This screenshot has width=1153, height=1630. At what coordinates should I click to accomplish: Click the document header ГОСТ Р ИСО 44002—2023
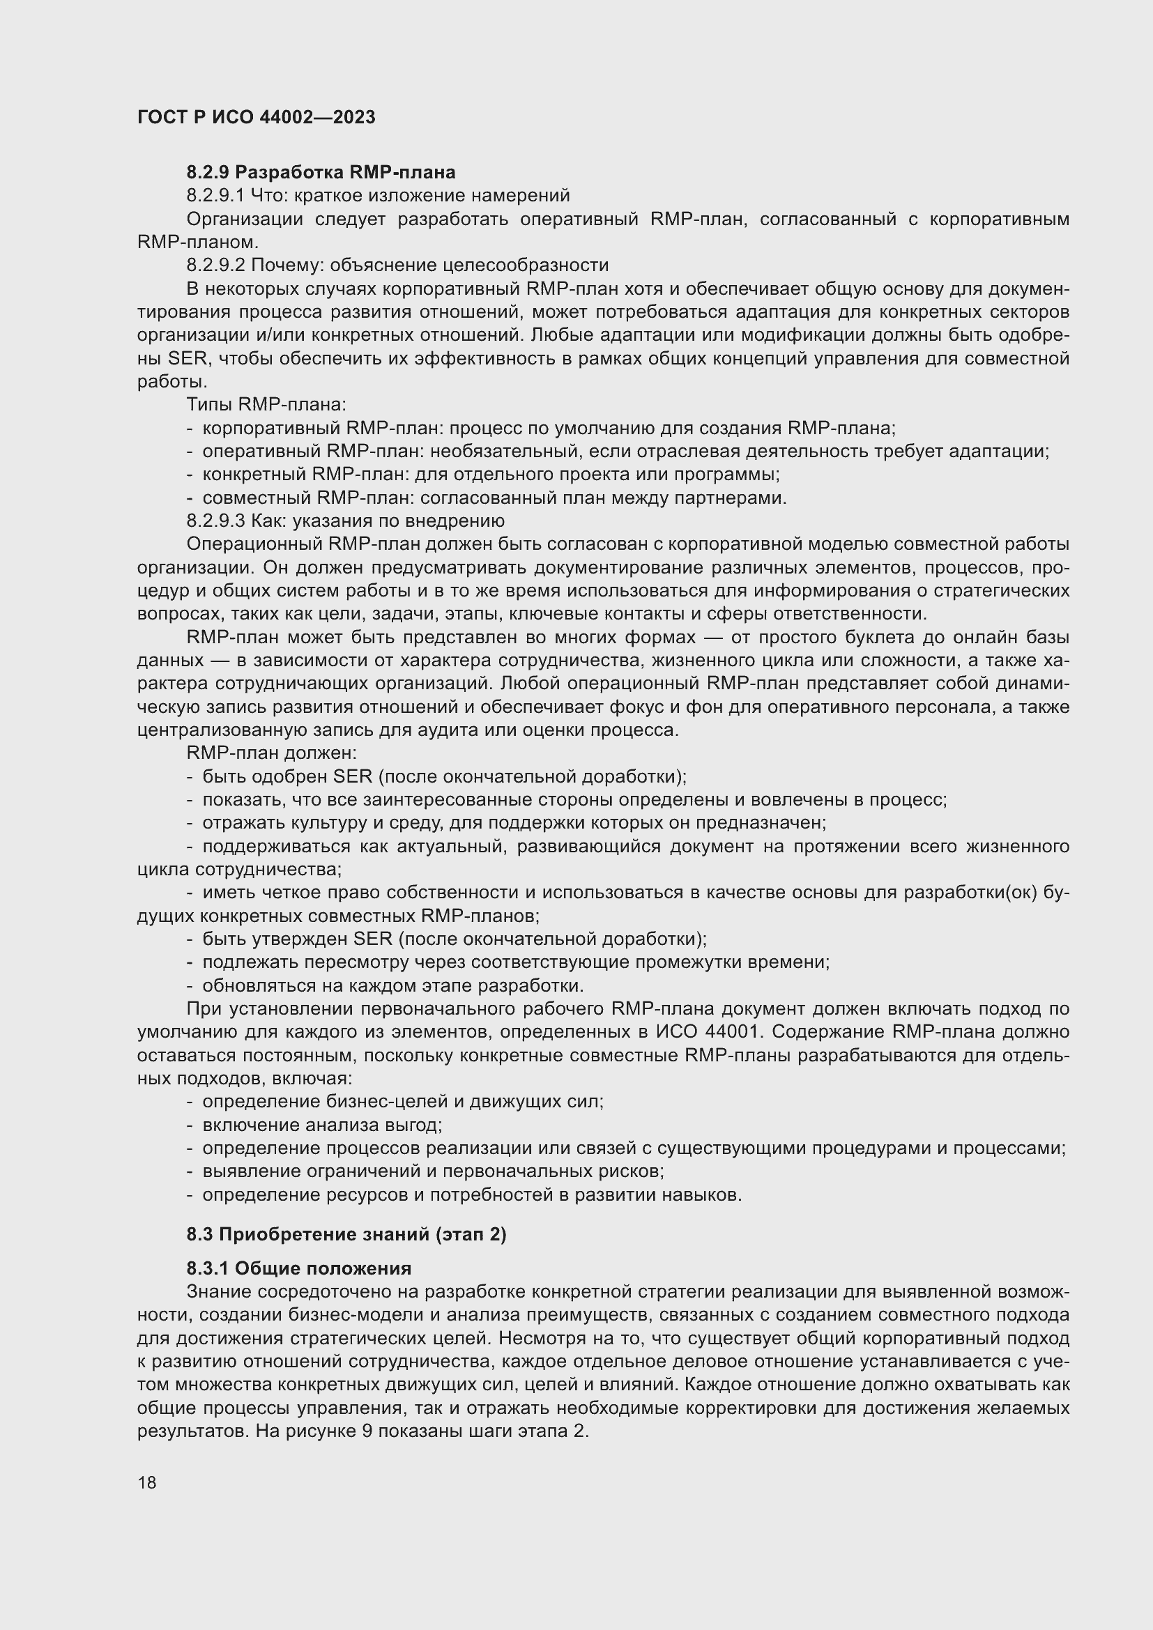tap(257, 118)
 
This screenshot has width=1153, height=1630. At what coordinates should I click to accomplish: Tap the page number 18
tap(147, 1482)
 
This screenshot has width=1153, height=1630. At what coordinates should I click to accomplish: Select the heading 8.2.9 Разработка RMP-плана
tap(321, 172)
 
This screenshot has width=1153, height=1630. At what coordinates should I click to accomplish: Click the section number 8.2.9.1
tap(215, 195)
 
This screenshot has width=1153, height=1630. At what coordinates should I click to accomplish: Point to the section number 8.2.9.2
tap(216, 266)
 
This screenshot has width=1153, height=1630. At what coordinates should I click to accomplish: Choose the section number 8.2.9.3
tap(216, 521)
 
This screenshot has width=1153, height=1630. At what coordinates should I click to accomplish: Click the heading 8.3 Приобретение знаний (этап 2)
tap(346, 1235)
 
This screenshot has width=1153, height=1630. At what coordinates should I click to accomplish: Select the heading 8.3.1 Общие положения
tap(299, 1268)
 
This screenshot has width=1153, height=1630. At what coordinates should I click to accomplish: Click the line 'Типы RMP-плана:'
tap(266, 405)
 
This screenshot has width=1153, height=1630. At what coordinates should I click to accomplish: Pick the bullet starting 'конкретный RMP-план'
tap(491, 475)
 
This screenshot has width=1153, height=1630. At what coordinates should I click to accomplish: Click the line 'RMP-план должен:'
tap(271, 753)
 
